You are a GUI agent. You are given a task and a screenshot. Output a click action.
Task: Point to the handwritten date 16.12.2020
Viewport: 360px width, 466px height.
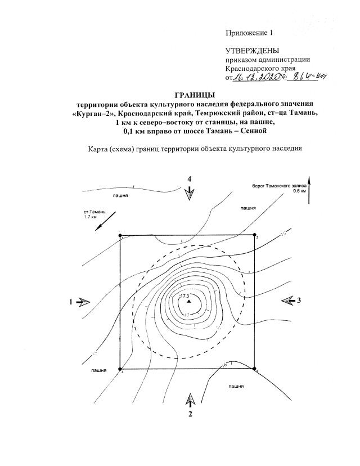[255, 78]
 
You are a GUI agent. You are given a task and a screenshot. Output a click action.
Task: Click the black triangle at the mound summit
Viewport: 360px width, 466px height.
[190, 302]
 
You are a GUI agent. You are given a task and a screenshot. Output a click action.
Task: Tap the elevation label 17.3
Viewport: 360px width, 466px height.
[184, 295]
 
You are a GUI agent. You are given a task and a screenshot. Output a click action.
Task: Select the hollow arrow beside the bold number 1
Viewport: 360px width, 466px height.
[83, 302]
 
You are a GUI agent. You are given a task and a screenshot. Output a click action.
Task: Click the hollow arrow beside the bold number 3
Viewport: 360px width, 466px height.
[287, 301]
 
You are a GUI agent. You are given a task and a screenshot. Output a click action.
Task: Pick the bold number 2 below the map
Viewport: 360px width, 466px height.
[191, 415]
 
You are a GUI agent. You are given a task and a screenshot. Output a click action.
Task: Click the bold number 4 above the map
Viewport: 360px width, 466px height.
[190, 178]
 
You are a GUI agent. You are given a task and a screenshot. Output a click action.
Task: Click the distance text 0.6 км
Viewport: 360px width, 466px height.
[300, 191]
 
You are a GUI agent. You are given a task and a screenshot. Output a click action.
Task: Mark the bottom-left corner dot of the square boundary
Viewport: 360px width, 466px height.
[120, 369]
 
